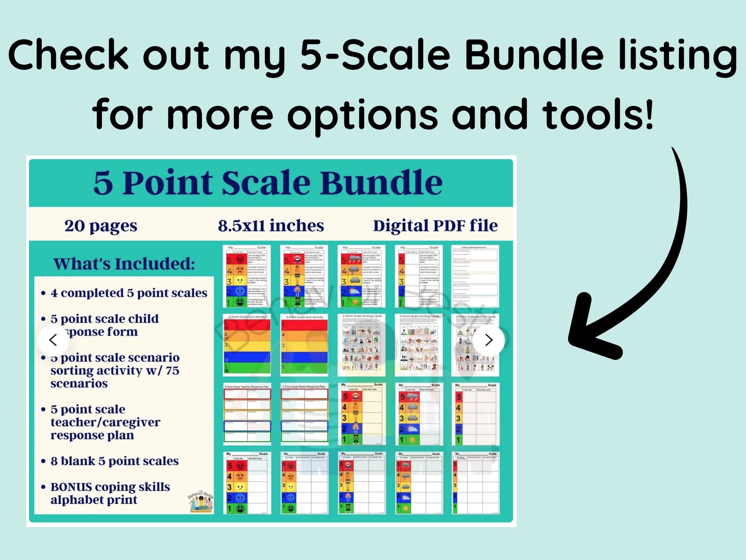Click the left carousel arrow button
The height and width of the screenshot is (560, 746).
pyautogui.click(x=53, y=339)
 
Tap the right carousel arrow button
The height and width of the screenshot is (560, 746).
pyautogui.click(x=489, y=339)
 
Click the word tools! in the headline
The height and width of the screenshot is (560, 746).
pyautogui.click(x=598, y=115)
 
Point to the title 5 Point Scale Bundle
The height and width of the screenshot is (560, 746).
pyautogui.click(x=268, y=182)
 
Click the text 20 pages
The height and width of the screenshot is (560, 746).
pyautogui.click(x=101, y=226)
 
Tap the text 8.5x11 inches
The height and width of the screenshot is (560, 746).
pyautogui.click(x=271, y=226)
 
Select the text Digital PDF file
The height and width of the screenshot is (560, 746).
pyautogui.click(x=435, y=226)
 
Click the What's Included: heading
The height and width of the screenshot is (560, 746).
pyautogui.click(x=124, y=264)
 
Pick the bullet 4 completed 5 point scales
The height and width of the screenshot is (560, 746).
pyautogui.click(x=129, y=293)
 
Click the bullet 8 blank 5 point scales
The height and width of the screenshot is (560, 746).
pyautogui.click(x=115, y=461)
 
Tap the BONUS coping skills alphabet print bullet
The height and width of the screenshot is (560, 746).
pyautogui.click(x=110, y=493)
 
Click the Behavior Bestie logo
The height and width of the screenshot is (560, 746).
pyautogui.click(x=201, y=502)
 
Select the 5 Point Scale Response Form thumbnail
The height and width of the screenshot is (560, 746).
pyautogui.click(x=474, y=276)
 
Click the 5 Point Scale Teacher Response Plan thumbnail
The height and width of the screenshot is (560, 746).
pyautogui.click(x=247, y=414)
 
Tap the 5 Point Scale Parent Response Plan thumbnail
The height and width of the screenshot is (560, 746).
pyautogui.click(x=304, y=414)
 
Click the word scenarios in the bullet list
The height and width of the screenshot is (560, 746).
pyautogui.click(x=79, y=384)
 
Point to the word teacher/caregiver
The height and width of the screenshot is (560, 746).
pyautogui.click(x=105, y=422)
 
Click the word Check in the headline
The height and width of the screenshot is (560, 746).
pyautogui.click(x=69, y=55)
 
